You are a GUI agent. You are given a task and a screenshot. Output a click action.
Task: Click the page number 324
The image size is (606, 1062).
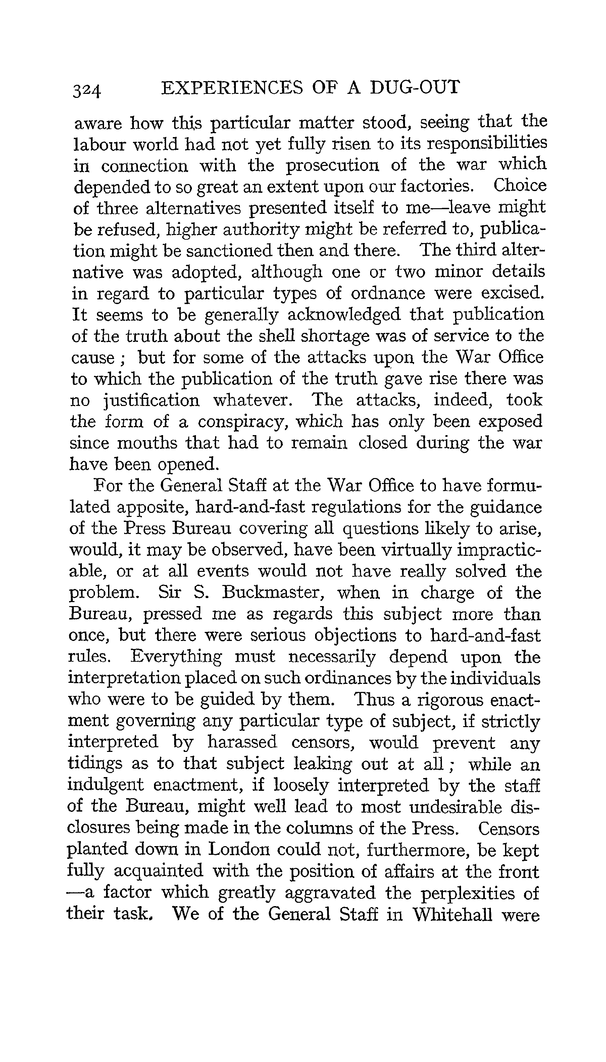click(x=87, y=90)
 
